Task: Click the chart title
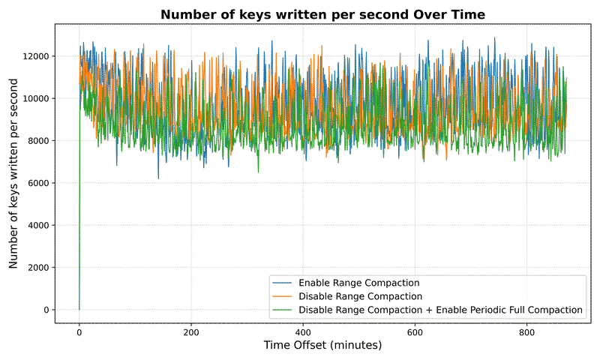pyautogui.click(x=322, y=14)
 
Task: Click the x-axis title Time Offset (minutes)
pyautogui.click(x=322, y=345)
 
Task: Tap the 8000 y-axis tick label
pyautogui.click(x=36, y=141)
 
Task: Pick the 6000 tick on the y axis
pyautogui.click(x=36, y=183)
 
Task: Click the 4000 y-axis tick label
pyautogui.click(x=36, y=225)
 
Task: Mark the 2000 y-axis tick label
pyautogui.click(x=36, y=268)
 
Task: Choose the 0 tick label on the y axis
pyautogui.click(x=46, y=310)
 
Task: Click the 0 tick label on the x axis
pyautogui.click(x=79, y=331)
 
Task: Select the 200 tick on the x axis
pyautogui.click(x=190, y=331)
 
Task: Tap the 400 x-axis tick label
pyautogui.click(x=303, y=331)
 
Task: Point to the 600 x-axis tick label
pyautogui.click(x=415, y=331)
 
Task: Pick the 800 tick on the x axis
pyautogui.click(x=526, y=331)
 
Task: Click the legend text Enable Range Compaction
pyautogui.click(x=358, y=283)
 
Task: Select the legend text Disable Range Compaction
pyautogui.click(x=360, y=296)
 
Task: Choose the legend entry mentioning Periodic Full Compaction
pyautogui.click(x=440, y=309)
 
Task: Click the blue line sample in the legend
pyautogui.click(x=283, y=283)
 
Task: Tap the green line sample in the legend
pyautogui.click(x=283, y=309)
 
